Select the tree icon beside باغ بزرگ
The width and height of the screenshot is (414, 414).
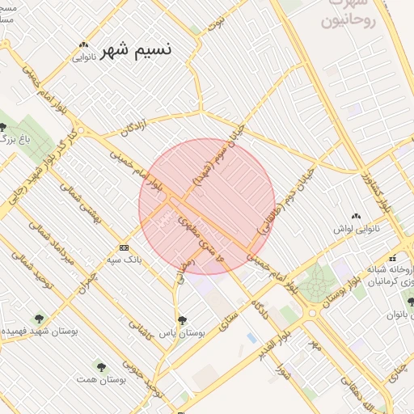click(x=4, y=127)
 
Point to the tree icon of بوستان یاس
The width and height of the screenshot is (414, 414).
click(x=181, y=319)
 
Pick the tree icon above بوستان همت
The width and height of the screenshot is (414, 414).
click(x=99, y=365)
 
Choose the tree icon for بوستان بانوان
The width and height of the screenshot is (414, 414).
click(x=410, y=302)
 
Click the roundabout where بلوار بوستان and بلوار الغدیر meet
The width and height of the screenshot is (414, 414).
click(x=312, y=311)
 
